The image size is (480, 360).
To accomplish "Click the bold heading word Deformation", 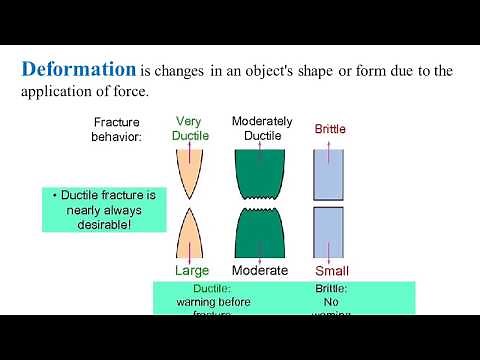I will point(79,70).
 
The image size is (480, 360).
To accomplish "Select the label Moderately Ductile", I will point(261,128).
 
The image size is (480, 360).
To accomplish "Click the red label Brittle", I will point(330,129).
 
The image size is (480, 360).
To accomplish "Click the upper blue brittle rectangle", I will point(331,172).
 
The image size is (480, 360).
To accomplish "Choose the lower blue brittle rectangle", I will point(331,233).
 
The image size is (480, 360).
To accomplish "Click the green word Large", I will point(192,270).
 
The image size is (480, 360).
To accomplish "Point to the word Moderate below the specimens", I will point(260,270).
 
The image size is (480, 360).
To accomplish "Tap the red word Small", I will point(331,270).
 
